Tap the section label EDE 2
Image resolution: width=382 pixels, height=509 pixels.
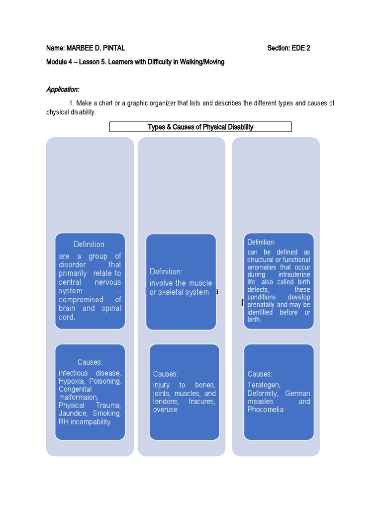click(300, 48)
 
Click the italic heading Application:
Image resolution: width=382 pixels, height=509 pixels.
click(63, 89)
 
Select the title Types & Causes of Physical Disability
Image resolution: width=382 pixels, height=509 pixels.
click(200, 127)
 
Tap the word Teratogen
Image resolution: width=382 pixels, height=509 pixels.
click(264, 385)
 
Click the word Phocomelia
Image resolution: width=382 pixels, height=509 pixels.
click(266, 410)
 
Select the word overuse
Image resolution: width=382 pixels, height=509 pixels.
click(165, 410)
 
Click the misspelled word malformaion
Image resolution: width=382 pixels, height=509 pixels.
click(78, 397)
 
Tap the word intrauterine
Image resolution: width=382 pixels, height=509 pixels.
click(294, 274)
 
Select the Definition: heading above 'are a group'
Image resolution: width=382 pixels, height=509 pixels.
click(90, 244)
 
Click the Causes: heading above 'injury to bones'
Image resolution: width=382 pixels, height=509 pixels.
click(165, 374)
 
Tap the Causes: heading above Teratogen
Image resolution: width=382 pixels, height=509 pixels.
click(260, 374)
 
